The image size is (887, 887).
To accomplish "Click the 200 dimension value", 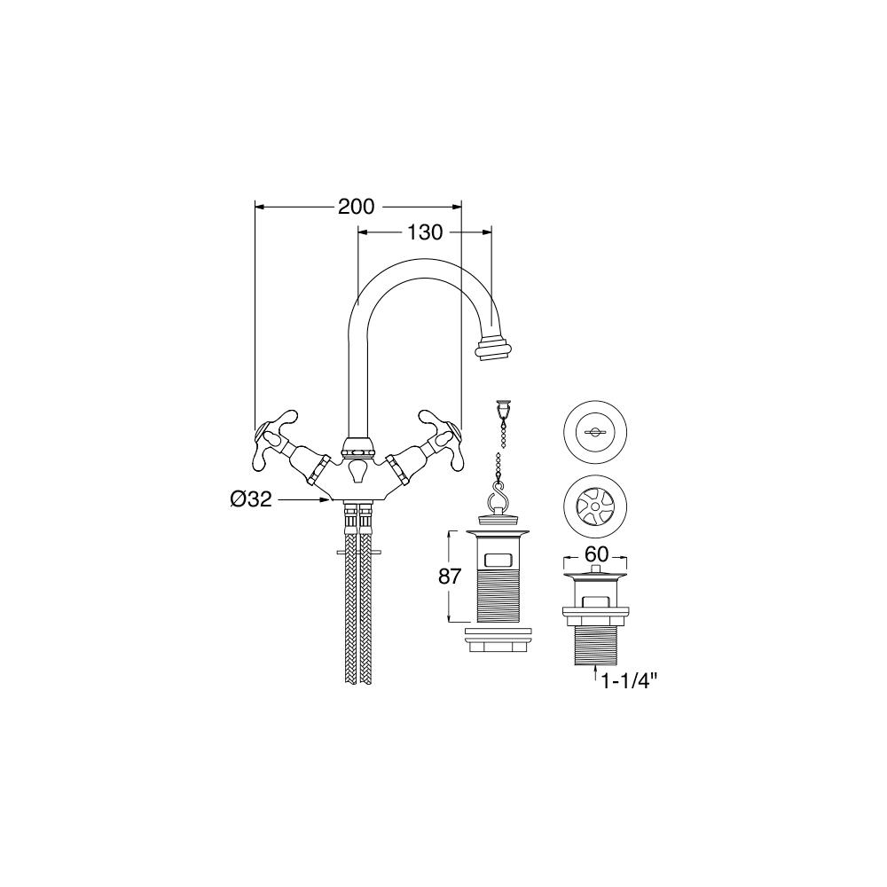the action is (357, 207).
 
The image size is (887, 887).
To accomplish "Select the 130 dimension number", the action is (425, 232).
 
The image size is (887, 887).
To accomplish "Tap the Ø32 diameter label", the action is (251, 498).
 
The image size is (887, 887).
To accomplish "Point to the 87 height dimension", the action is (451, 577).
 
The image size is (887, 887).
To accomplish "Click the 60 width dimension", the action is (596, 554).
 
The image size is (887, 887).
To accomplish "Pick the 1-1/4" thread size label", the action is (629, 681).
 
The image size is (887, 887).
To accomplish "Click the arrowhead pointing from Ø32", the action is (325, 498).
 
